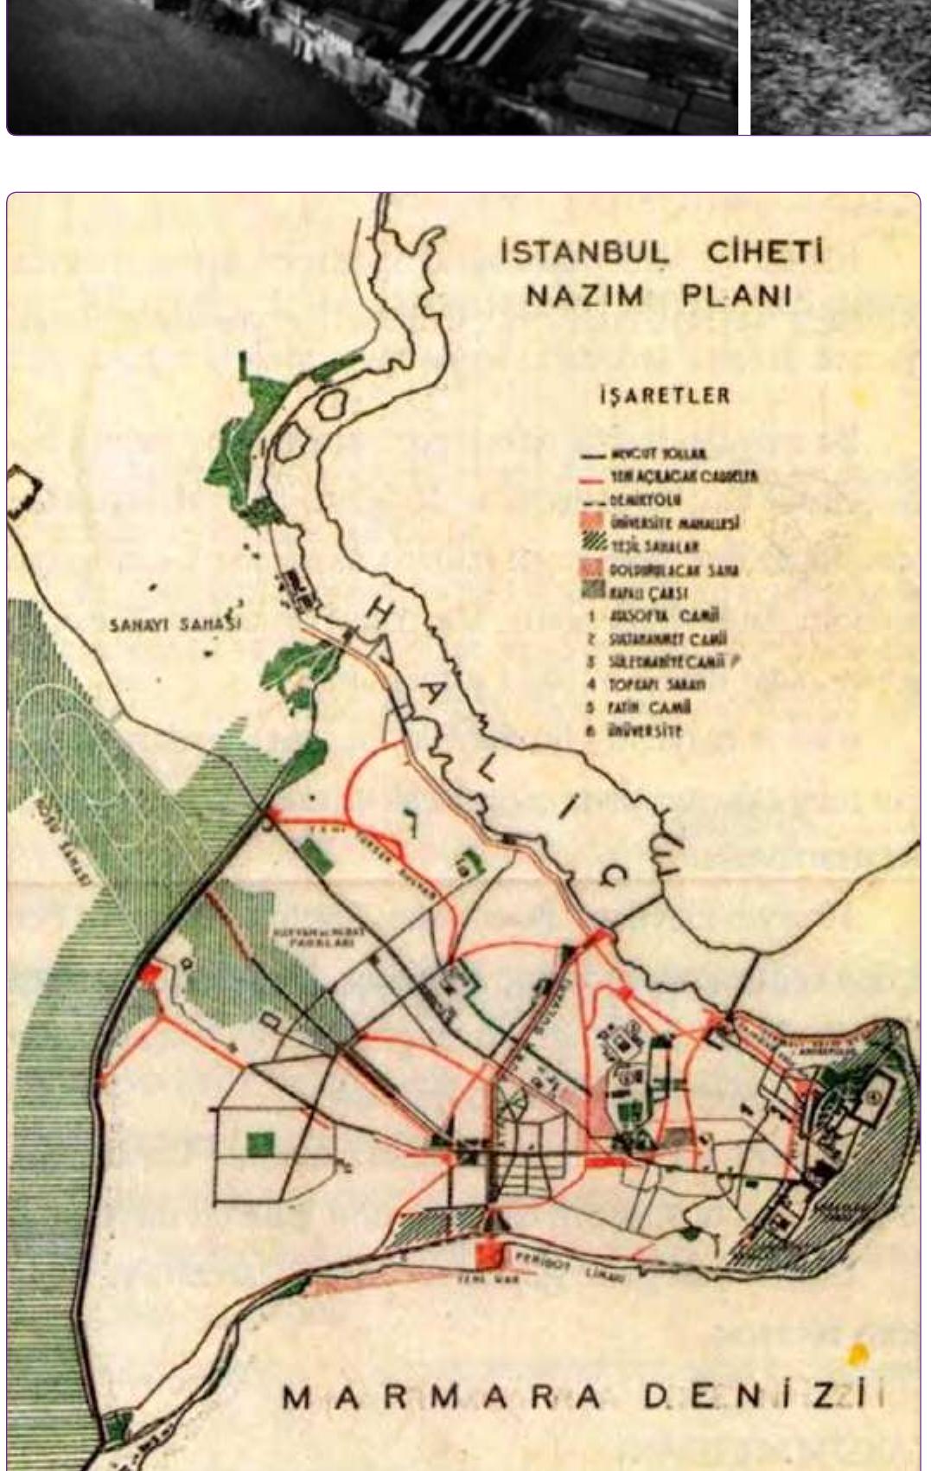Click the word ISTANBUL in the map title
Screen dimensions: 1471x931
coord(584,253)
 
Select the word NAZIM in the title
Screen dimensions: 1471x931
coord(585,296)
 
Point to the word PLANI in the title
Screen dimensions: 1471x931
coord(737,296)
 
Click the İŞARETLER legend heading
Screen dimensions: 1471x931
coord(664,396)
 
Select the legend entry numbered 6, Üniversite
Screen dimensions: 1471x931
coord(645,732)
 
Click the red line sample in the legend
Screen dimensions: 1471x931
coord(591,478)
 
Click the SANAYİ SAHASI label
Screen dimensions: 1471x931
coord(175,624)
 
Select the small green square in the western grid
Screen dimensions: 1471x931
coord(260,1144)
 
